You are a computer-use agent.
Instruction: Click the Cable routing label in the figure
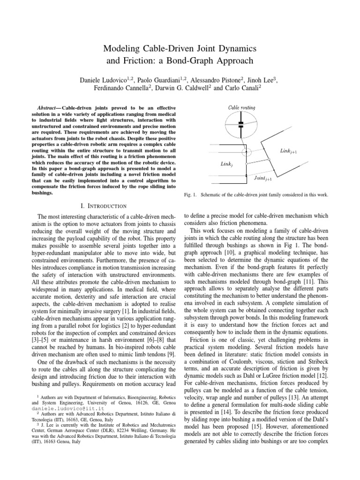tap(241, 107)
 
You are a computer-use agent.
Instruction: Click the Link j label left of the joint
tap(225, 164)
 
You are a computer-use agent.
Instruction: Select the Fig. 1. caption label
tap(194, 195)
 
